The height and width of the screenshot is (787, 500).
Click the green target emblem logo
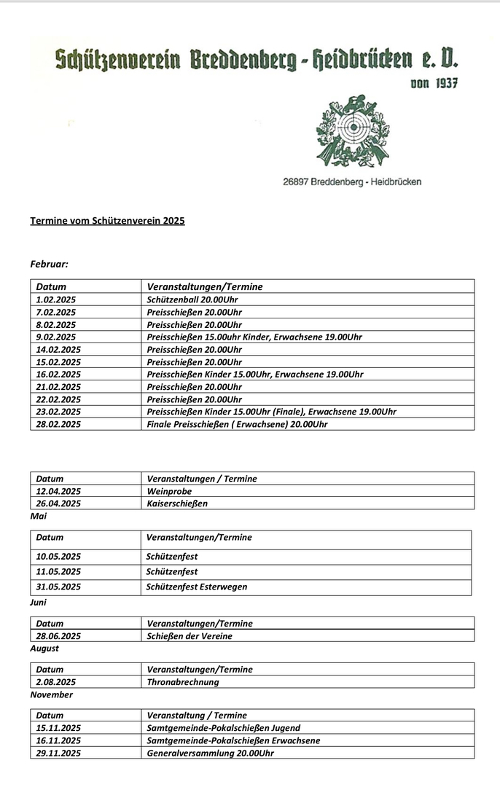[x=352, y=131]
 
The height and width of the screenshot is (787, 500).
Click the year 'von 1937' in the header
[x=434, y=84]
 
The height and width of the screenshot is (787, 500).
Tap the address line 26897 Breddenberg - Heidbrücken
[x=351, y=181]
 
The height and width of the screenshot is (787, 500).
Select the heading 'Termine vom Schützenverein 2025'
[x=107, y=220]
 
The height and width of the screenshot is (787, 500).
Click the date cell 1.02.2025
[x=56, y=299]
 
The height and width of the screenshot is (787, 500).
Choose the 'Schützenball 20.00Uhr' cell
[x=192, y=299]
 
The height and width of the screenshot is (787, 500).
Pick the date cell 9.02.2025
[x=56, y=337]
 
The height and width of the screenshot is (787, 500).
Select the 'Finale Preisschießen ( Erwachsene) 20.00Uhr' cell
[x=237, y=423]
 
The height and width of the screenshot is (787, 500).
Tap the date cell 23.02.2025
[x=58, y=411]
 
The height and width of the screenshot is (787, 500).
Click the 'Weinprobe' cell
[x=169, y=491]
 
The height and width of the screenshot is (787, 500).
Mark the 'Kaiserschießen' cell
[x=177, y=504]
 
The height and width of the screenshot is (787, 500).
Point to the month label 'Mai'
[x=38, y=516]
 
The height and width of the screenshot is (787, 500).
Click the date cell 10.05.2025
[x=58, y=557]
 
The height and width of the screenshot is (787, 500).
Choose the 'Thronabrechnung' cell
[x=182, y=682]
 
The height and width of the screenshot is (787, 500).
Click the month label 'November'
[x=51, y=694]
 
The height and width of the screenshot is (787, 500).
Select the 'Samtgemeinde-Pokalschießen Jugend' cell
[x=223, y=728]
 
